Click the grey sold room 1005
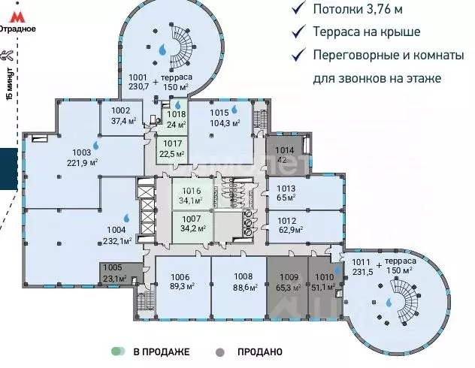[113, 273]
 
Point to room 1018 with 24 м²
[176, 120]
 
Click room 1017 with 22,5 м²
[173, 149]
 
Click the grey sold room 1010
[322, 282]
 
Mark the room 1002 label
[120, 116]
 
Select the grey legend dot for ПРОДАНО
[219, 351]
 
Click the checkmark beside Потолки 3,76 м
[298, 9]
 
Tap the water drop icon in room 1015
[234, 108]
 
